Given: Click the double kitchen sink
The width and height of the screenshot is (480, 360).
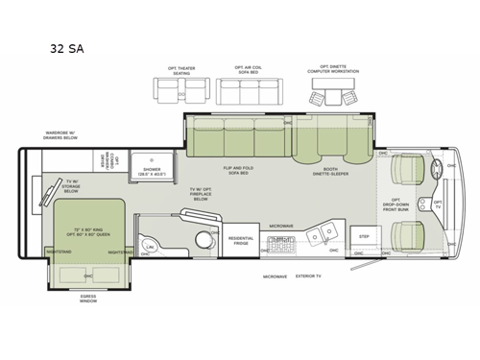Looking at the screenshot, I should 328,230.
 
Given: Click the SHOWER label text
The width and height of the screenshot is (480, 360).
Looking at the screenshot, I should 153,170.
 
